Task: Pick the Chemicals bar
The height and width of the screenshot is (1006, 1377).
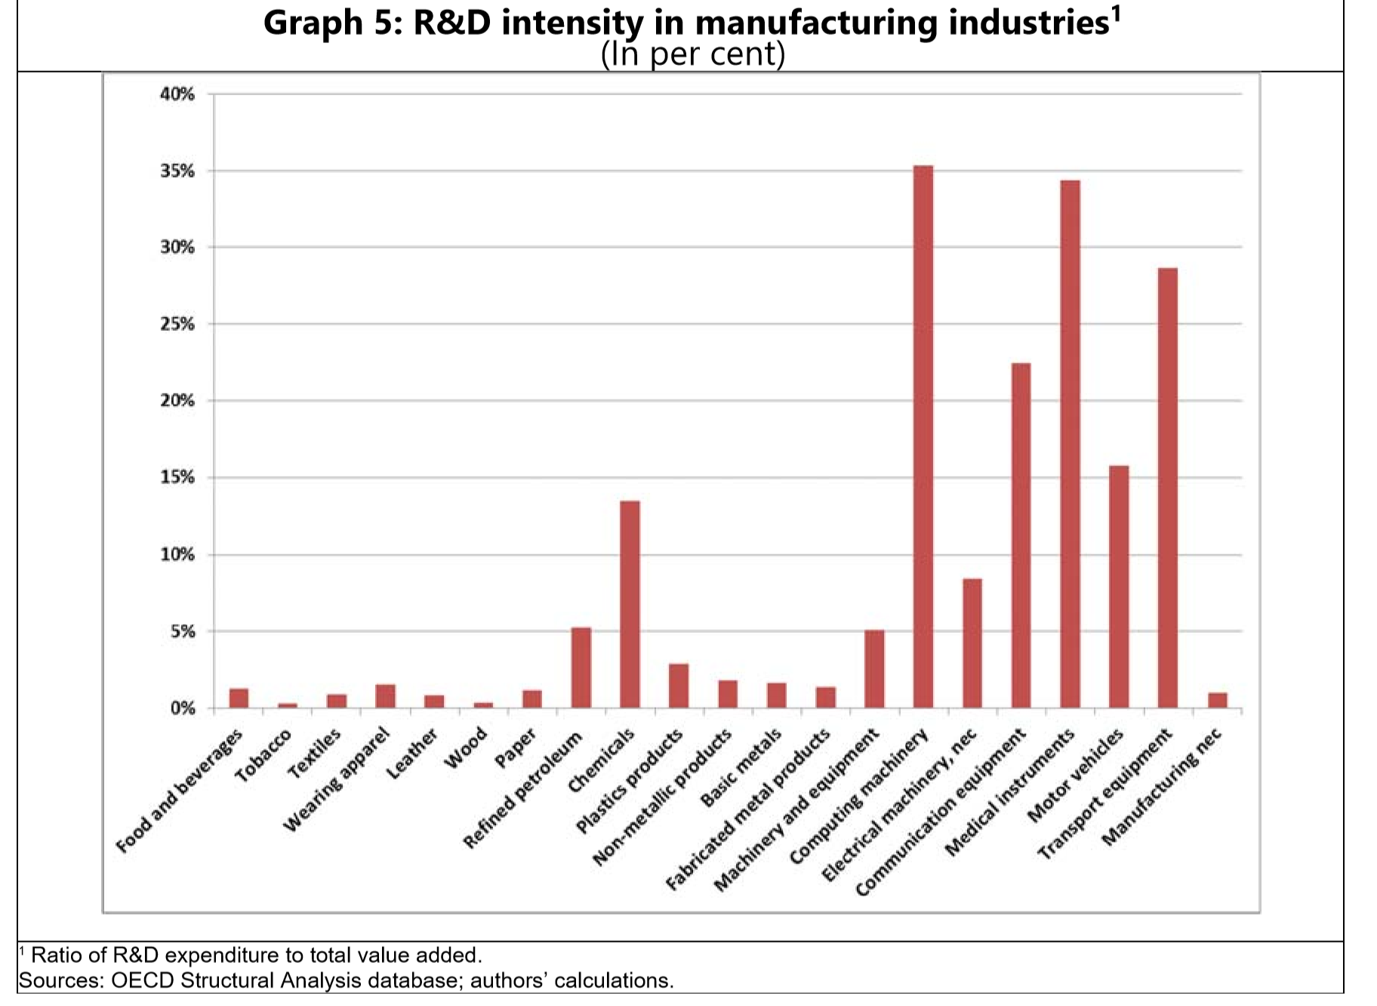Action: coord(630,604)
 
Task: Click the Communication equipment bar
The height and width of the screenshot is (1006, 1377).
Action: coord(1021,535)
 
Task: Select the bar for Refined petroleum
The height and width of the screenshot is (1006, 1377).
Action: coord(581,668)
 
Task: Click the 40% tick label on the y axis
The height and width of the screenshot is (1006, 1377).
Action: coord(177,94)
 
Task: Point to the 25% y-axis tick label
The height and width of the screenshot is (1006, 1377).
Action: coord(177,325)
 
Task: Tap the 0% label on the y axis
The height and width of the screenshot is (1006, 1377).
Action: coord(182,708)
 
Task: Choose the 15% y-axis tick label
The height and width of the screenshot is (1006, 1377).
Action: coord(177,478)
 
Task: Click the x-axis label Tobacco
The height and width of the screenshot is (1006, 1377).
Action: coord(263,755)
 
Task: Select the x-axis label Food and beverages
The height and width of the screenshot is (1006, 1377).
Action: coord(180,791)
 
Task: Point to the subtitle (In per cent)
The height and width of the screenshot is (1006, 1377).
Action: coord(692,54)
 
